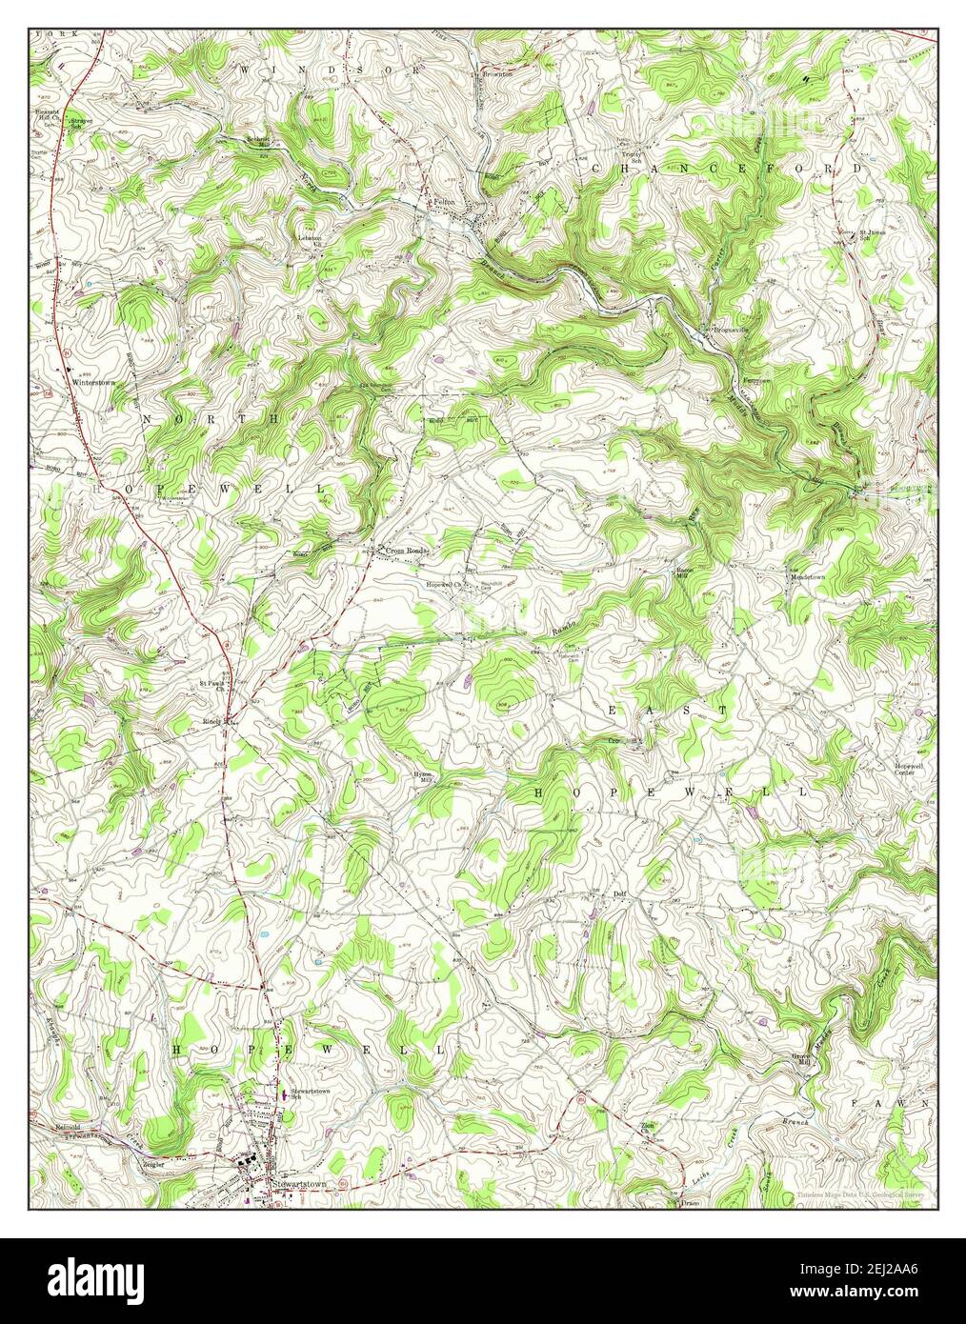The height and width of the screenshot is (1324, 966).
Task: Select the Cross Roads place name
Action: (x=407, y=551)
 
